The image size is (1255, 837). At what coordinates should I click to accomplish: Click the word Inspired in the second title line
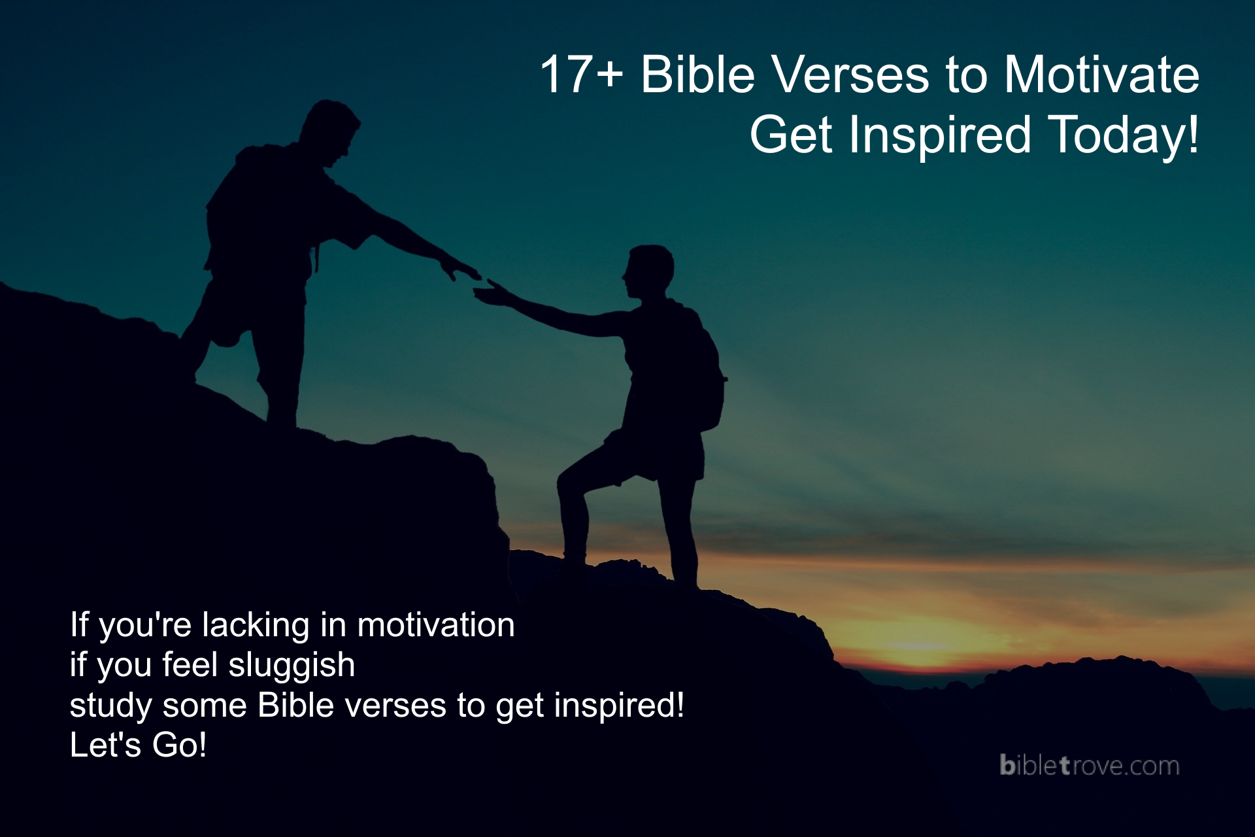940,135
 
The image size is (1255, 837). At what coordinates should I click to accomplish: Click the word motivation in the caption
436,624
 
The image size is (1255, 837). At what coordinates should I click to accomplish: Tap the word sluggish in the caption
292,666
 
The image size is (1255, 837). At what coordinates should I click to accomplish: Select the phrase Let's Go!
138,745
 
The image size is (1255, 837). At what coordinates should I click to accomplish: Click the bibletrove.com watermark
1089,766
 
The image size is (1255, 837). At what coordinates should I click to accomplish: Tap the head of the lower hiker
648,271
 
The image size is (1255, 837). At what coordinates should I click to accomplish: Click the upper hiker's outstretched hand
461,268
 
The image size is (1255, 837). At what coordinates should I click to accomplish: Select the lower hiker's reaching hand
490,294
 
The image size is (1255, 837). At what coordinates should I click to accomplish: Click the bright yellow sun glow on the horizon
922,647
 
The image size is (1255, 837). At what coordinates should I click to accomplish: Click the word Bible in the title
697,75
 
